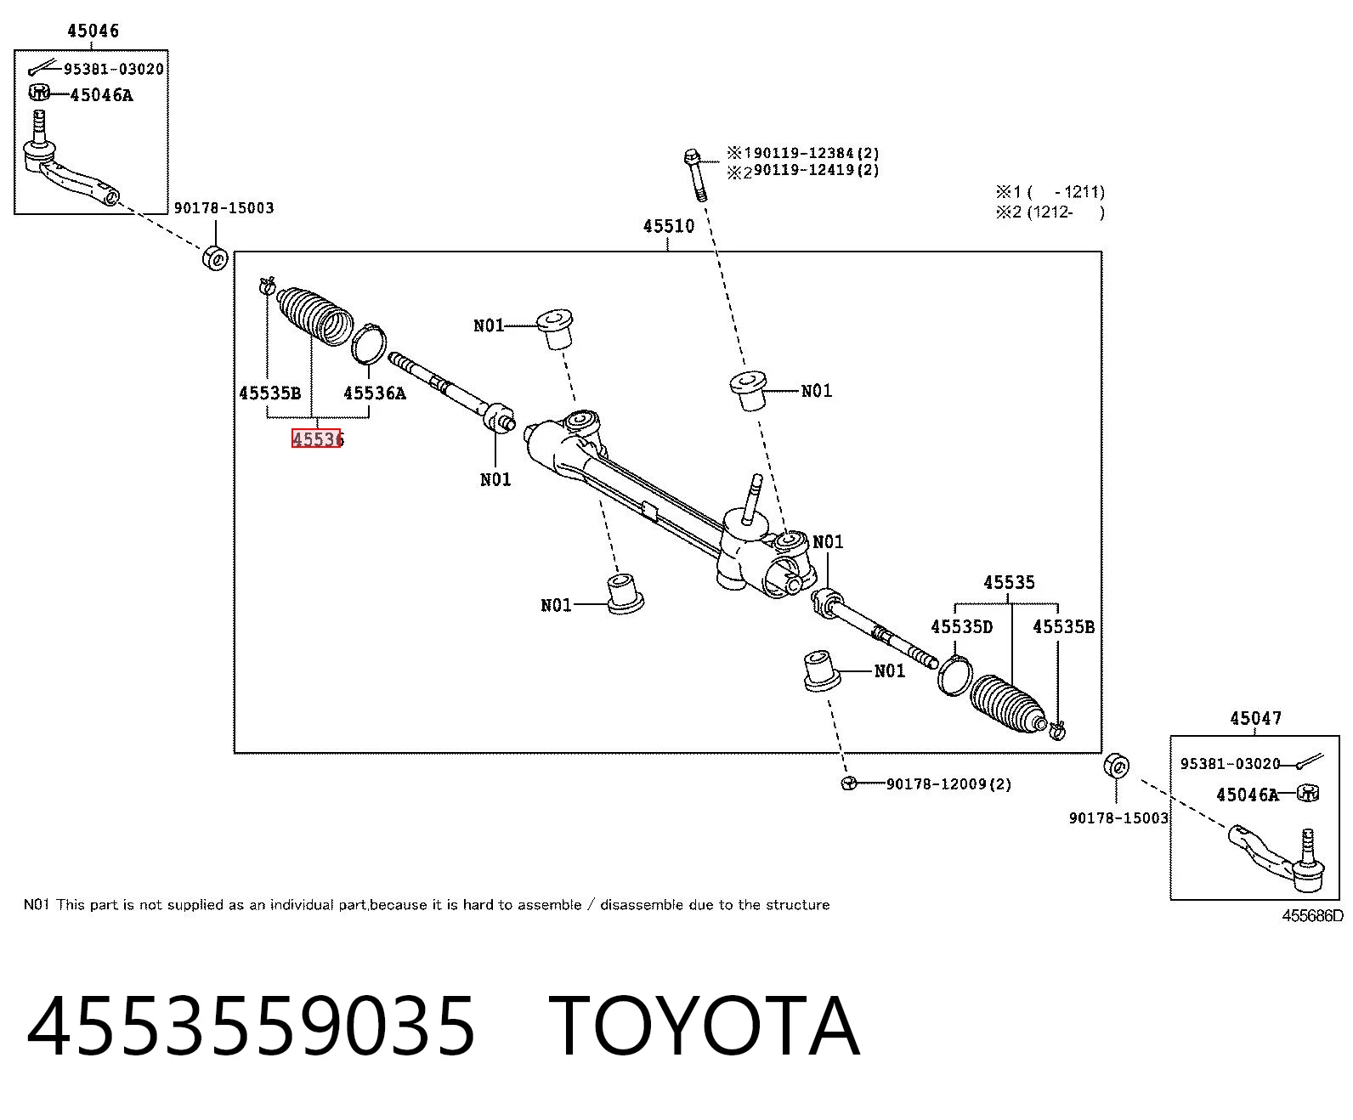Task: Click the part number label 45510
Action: (668, 226)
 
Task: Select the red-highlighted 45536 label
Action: (317, 438)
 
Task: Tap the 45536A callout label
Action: (375, 393)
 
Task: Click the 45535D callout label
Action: (961, 627)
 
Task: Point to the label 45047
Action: (1256, 718)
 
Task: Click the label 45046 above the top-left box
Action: (93, 31)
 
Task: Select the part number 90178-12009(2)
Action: (948, 784)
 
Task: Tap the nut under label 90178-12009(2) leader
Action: (849, 783)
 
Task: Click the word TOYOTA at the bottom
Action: (704, 1027)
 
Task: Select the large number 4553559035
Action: (251, 1027)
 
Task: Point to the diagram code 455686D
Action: (1312, 916)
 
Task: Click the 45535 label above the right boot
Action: (1009, 582)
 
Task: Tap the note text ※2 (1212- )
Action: (1050, 212)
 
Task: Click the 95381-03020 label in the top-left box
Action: (114, 70)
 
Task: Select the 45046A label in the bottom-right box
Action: (1248, 795)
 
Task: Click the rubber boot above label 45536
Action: (315, 315)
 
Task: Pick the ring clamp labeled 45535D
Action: (954, 676)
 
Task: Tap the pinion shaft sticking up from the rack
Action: (753, 499)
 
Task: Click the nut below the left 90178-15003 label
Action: (215, 258)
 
